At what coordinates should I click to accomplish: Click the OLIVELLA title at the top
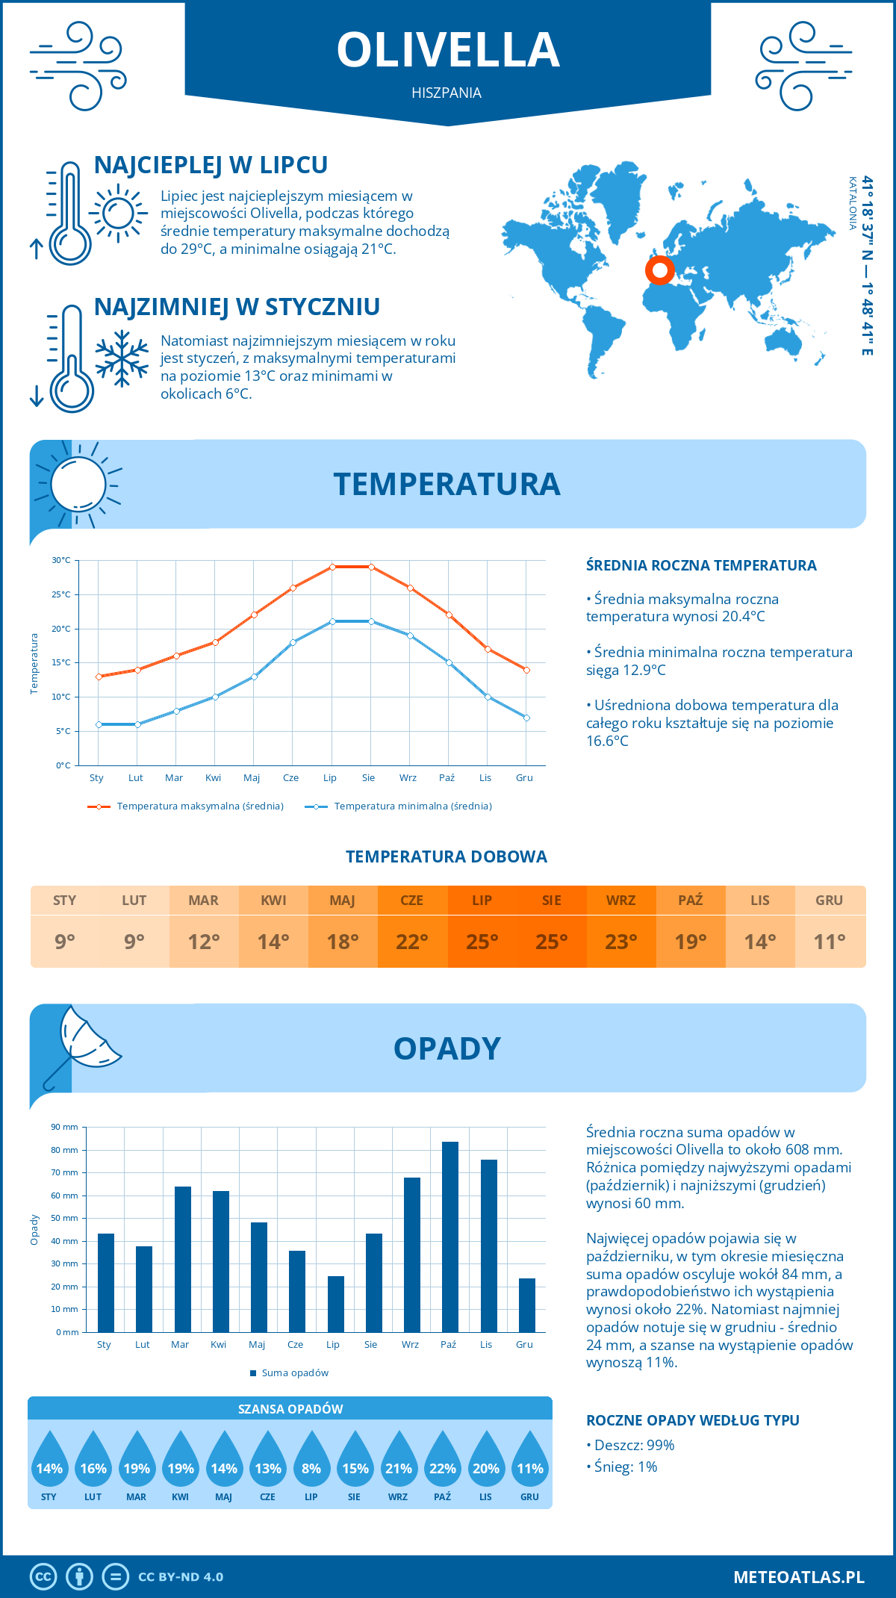point(448,51)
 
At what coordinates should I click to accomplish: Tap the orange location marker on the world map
point(660,270)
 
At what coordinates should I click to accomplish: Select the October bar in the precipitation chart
point(449,1237)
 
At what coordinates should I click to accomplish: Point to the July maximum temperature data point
point(332,567)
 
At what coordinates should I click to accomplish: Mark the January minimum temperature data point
point(99,724)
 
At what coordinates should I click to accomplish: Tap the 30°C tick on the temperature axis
point(61,560)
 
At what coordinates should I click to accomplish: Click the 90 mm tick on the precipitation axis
point(65,1127)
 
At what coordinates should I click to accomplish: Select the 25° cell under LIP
point(482,942)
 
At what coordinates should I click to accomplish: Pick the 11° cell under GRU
point(830,942)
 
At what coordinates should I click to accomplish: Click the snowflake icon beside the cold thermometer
point(122,358)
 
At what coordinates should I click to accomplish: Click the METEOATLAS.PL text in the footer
point(798,1577)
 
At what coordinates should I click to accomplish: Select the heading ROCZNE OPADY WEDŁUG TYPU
point(692,1420)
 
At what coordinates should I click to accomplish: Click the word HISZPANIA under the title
point(447,93)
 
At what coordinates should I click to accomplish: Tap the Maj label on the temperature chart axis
point(252,778)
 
